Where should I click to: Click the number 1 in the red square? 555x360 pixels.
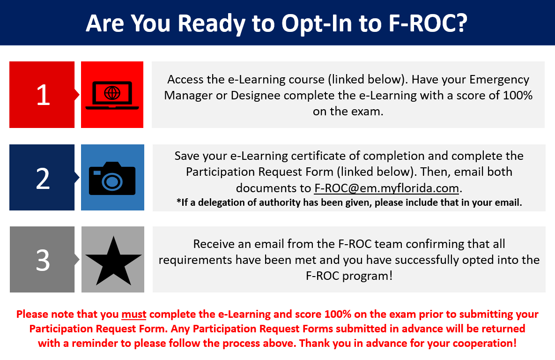[x=43, y=95]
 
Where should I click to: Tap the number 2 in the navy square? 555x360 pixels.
[x=43, y=178]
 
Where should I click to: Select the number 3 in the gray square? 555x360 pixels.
[x=43, y=261]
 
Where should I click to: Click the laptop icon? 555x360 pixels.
[x=112, y=95]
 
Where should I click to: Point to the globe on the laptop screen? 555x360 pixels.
[x=112, y=93]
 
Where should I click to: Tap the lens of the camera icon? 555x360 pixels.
[x=112, y=182]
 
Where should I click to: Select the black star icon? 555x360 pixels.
[x=113, y=261]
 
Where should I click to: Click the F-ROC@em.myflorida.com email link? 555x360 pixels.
[x=386, y=188]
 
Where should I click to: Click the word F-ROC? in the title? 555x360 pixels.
[x=428, y=23]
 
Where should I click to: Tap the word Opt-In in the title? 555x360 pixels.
[x=317, y=24]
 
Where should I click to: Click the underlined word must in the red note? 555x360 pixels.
[x=134, y=314]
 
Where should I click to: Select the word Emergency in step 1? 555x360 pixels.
[x=499, y=80]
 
